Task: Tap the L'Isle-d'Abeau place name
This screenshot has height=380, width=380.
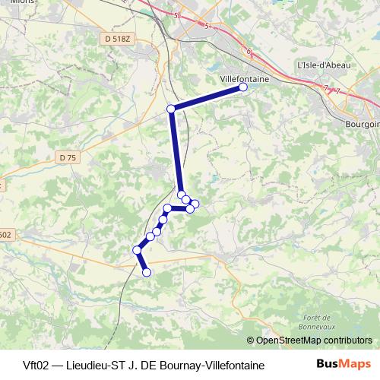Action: point(325,65)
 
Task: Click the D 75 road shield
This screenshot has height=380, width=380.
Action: point(68,157)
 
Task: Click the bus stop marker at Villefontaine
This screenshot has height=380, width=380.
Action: point(243,87)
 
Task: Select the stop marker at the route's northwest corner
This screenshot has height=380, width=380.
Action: point(171,109)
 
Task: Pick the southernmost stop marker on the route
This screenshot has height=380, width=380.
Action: point(147,272)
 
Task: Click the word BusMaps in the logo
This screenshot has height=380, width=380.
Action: point(338,365)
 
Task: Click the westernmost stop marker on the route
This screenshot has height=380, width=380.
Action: point(137,249)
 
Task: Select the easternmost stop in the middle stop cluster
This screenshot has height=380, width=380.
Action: point(195,203)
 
